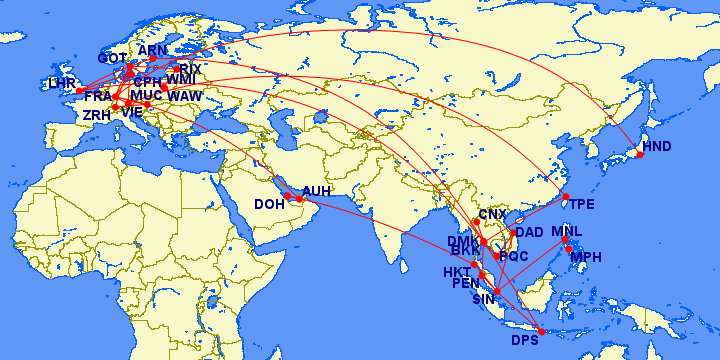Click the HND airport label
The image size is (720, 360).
tap(657, 147)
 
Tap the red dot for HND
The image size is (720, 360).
tap(640, 154)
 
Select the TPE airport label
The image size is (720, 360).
tap(581, 204)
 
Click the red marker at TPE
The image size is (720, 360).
tap(565, 196)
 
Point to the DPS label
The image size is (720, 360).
tap(525, 340)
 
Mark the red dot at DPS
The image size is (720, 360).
tap(542, 332)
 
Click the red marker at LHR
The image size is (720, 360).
tap(80, 91)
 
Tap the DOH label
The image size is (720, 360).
tap(269, 204)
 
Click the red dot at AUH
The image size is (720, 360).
tap(299, 199)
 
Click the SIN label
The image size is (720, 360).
tap(484, 298)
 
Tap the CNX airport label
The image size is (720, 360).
tap(493, 215)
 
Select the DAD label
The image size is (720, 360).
tap(529, 232)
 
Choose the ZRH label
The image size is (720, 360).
tap(96, 115)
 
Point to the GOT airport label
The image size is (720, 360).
tap(112, 59)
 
